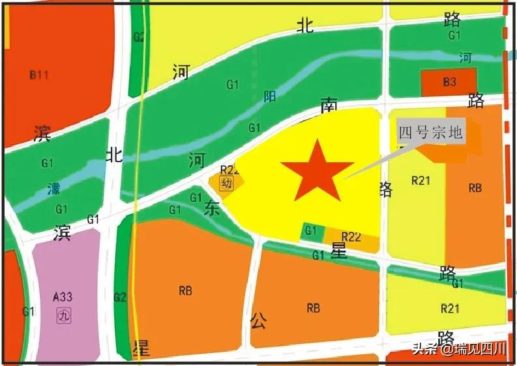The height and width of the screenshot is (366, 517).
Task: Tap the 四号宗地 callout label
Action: (431, 133)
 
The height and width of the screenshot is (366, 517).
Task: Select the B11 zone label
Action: (39, 75)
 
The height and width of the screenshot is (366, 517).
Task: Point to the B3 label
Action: (449, 82)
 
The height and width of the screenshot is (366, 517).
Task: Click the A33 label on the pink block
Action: (63, 297)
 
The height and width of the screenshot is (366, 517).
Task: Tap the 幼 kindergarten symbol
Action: (226, 184)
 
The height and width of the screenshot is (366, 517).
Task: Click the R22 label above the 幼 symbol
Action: (229, 171)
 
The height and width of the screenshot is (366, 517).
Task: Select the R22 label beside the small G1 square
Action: (351, 237)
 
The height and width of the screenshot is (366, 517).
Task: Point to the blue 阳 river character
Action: (269, 97)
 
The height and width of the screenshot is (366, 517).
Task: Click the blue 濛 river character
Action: (54, 190)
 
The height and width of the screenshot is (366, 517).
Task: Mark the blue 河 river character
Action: (465, 58)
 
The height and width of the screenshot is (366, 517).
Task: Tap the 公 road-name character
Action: (259, 320)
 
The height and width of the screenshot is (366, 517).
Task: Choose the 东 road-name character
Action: (212, 208)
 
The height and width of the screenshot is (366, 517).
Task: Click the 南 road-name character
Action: (329, 104)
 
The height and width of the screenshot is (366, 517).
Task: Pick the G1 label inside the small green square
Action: (311, 231)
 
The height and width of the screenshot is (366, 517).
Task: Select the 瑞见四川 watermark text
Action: (477, 349)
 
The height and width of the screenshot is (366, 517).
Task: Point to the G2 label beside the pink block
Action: (119, 297)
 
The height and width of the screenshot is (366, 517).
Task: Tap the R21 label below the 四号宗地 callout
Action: (421, 180)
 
